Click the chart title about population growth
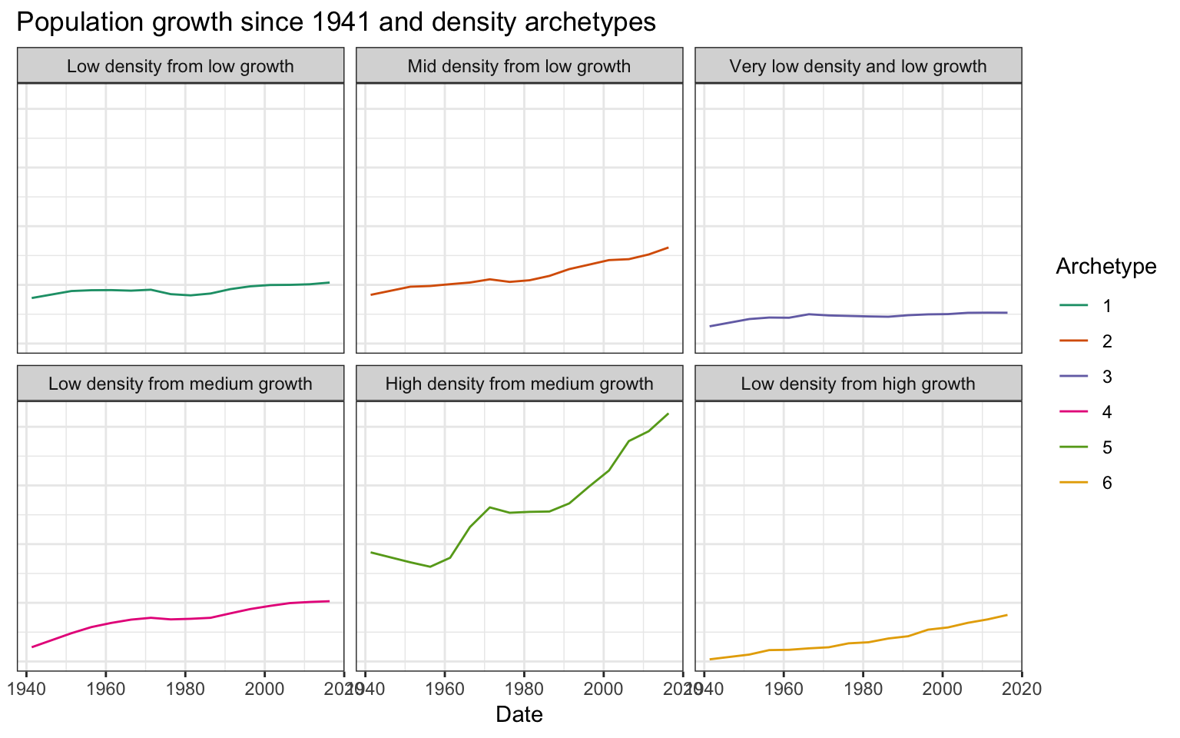pyautogui.click(x=336, y=22)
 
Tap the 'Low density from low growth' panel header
pyautogui.click(x=181, y=66)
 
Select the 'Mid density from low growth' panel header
pyautogui.click(x=519, y=66)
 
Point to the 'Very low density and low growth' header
pyautogui.click(x=858, y=66)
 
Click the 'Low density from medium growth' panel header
pyautogui.click(x=181, y=384)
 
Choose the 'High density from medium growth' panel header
pyautogui.click(x=519, y=384)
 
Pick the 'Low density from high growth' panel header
pyautogui.click(x=858, y=384)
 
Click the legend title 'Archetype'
pyautogui.click(x=1105, y=266)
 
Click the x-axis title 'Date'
pyautogui.click(x=519, y=715)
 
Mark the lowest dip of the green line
pyautogui.click(x=429, y=567)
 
